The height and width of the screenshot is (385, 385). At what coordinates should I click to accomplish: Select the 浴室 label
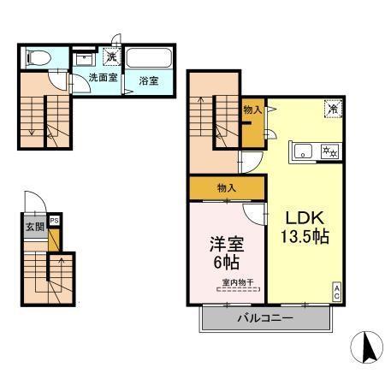148,81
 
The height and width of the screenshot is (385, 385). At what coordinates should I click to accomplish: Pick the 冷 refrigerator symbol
330,109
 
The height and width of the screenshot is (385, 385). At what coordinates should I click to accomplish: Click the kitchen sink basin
304,151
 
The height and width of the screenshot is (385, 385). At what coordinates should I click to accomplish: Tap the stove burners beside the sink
328,151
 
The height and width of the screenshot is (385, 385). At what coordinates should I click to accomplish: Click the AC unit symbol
336,290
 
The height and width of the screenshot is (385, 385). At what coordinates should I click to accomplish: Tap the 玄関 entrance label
35,227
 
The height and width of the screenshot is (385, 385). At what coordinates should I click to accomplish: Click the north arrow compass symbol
365,346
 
